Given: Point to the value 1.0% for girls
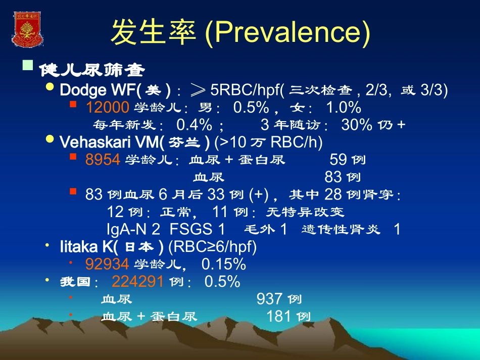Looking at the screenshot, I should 343,107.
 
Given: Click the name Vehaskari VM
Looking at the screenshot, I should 109,142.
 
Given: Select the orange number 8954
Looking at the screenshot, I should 103,160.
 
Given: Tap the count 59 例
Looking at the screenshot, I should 347,160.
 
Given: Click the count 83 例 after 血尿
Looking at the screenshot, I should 342,177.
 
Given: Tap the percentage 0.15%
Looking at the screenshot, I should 223,264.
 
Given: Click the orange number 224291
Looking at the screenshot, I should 137,281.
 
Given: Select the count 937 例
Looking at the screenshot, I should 278,299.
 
